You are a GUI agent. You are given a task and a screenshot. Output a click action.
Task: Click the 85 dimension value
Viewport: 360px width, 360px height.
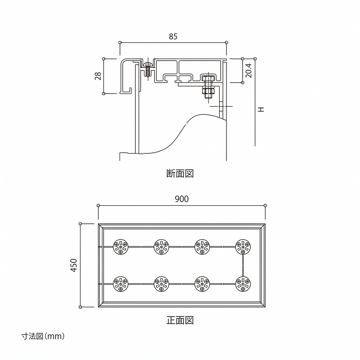pyautogui.click(x=173, y=36)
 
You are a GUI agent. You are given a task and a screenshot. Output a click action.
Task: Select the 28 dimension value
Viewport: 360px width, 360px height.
pyautogui.click(x=98, y=76)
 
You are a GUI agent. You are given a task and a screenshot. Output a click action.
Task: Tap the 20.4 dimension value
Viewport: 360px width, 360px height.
pyautogui.click(x=249, y=71)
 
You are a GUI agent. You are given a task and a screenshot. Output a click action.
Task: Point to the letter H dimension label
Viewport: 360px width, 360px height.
pyautogui.click(x=261, y=109)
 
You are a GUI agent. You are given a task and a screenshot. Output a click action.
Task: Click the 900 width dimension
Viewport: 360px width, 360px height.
pyautogui.click(x=181, y=199)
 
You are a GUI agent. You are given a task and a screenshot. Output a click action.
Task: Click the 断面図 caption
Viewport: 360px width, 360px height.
pyautogui.click(x=180, y=173)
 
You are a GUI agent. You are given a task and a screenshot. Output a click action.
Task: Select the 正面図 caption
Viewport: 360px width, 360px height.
pyautogui.click(x=180, y=320)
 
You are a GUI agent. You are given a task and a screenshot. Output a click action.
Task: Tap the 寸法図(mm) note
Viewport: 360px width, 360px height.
pyautogui.click(x=43, y=336)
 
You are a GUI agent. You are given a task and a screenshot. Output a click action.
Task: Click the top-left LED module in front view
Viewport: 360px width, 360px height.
pyautogui.click(x=121, y=247)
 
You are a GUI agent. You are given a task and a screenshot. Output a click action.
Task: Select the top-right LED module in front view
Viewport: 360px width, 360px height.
pyautogui.click(x=243, y=247)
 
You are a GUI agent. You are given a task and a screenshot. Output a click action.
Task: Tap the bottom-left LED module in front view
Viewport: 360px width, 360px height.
pyautogui.click(x=121, y=284)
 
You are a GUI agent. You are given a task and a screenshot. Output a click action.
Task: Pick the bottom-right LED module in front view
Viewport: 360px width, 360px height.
pyautogui.click(x=243, y=284)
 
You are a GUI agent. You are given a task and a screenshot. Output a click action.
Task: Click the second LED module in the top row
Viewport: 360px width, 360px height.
pyautogui.click(x=162, y=247)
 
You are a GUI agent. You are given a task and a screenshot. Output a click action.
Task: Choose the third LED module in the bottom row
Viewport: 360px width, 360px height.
pyautogui.click(x=203, y=284)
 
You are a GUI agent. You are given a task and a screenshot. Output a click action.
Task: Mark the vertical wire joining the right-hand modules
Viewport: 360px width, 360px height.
pyautogui.click(x=243, y=265)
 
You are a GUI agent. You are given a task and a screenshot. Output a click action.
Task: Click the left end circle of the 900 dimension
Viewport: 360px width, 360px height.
pyautogui.click(x=98, y=206)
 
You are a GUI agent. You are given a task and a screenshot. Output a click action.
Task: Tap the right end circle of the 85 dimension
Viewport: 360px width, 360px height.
pyautogui.click(x=227, y=43)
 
